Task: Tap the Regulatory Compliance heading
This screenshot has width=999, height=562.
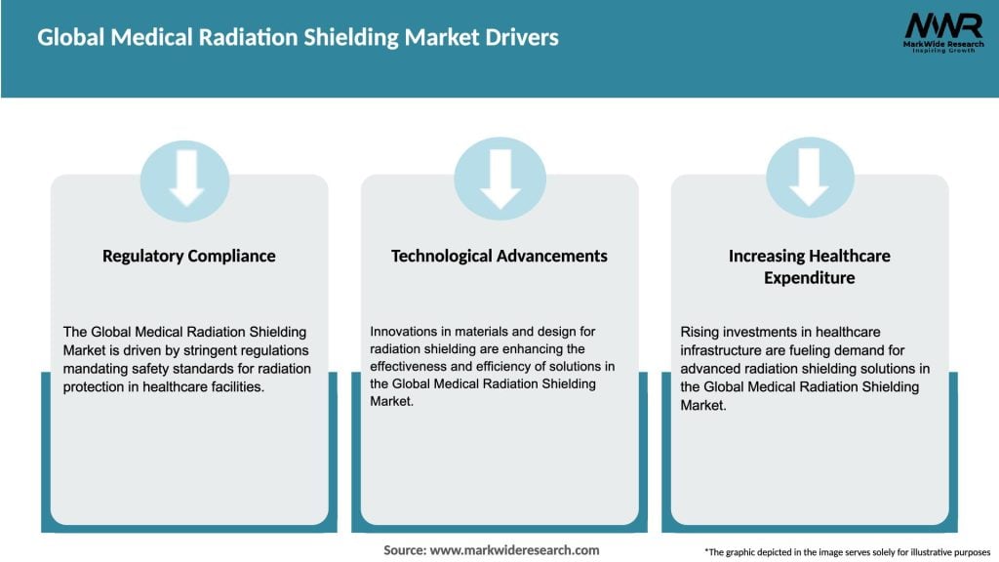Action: click(x=189, y=256)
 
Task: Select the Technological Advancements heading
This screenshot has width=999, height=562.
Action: click(x=499, y=256)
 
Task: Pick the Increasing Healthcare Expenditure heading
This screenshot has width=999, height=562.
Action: click(x=810, y=266)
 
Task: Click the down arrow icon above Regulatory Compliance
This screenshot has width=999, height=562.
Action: click(x=185, y=180)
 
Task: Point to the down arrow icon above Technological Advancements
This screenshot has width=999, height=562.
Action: click(x=499, y=180)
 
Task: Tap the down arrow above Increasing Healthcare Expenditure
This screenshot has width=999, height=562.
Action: click(x=810, y=180)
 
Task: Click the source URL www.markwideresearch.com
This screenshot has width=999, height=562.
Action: click(x=514, y=550)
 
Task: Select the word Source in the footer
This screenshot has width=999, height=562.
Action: click(x=403, y=550)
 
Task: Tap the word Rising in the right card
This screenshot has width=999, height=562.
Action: click(x=699, y=333)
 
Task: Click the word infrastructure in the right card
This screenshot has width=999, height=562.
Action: click(x=723, y=350)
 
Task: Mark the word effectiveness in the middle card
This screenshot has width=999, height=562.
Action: click(x=412, y=368)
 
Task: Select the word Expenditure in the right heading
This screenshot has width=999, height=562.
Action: click(x=810, y=278)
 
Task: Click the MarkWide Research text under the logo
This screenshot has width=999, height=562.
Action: click(x=942, y=45)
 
